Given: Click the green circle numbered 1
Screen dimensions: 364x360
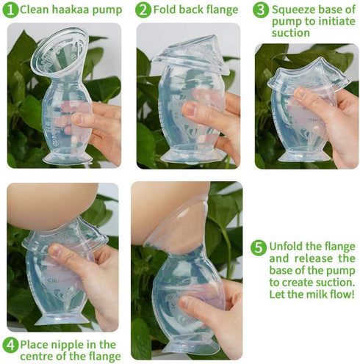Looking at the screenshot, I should [9, 10].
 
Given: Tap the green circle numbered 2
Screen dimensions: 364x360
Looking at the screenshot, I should [143, 10].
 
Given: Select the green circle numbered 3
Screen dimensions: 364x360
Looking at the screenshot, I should [260, 10].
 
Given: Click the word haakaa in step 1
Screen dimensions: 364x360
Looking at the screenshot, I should [69, 10].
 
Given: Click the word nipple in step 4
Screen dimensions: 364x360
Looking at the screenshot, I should [72, 343].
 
